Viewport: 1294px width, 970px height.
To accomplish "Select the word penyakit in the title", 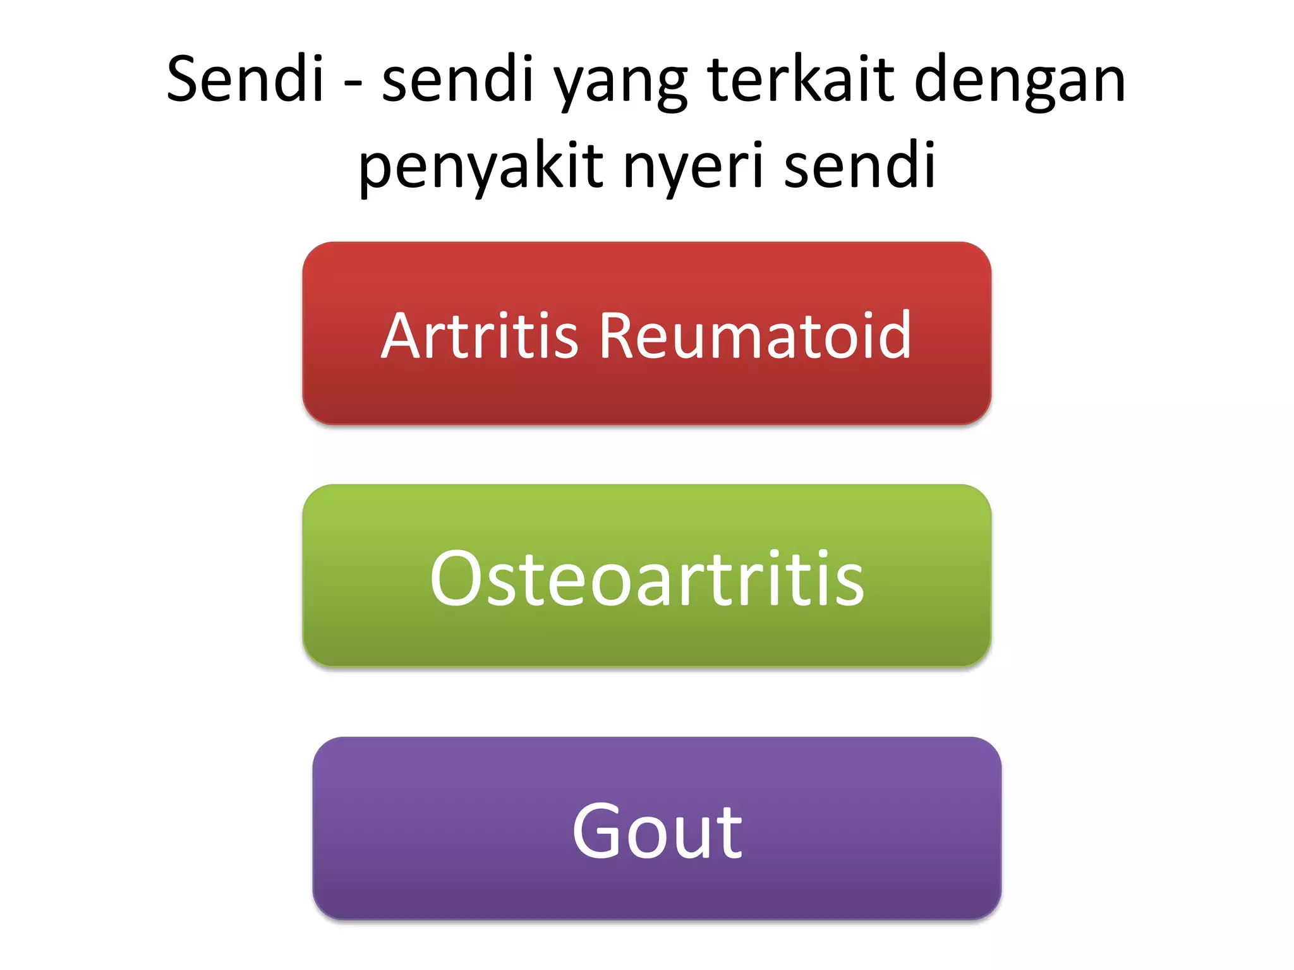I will point(481,167).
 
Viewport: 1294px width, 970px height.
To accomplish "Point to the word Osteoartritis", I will point(646,578).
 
